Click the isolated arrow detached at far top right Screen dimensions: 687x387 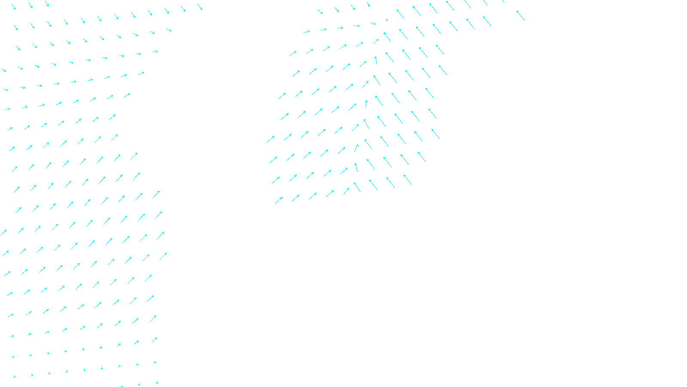coord(520,15)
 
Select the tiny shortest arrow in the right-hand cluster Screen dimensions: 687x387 coord(387,20)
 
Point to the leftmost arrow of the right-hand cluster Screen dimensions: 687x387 coord(271,139)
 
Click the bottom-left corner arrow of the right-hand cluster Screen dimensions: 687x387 coord(279,200)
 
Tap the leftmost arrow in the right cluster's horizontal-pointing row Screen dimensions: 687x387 coord(307,31)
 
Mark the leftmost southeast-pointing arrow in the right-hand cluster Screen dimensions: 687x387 coord(320,12)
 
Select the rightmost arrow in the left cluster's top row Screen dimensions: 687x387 coord(200,7)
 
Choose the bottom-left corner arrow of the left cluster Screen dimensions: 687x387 coord(14,377)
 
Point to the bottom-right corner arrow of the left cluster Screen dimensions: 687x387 coord(156,382)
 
